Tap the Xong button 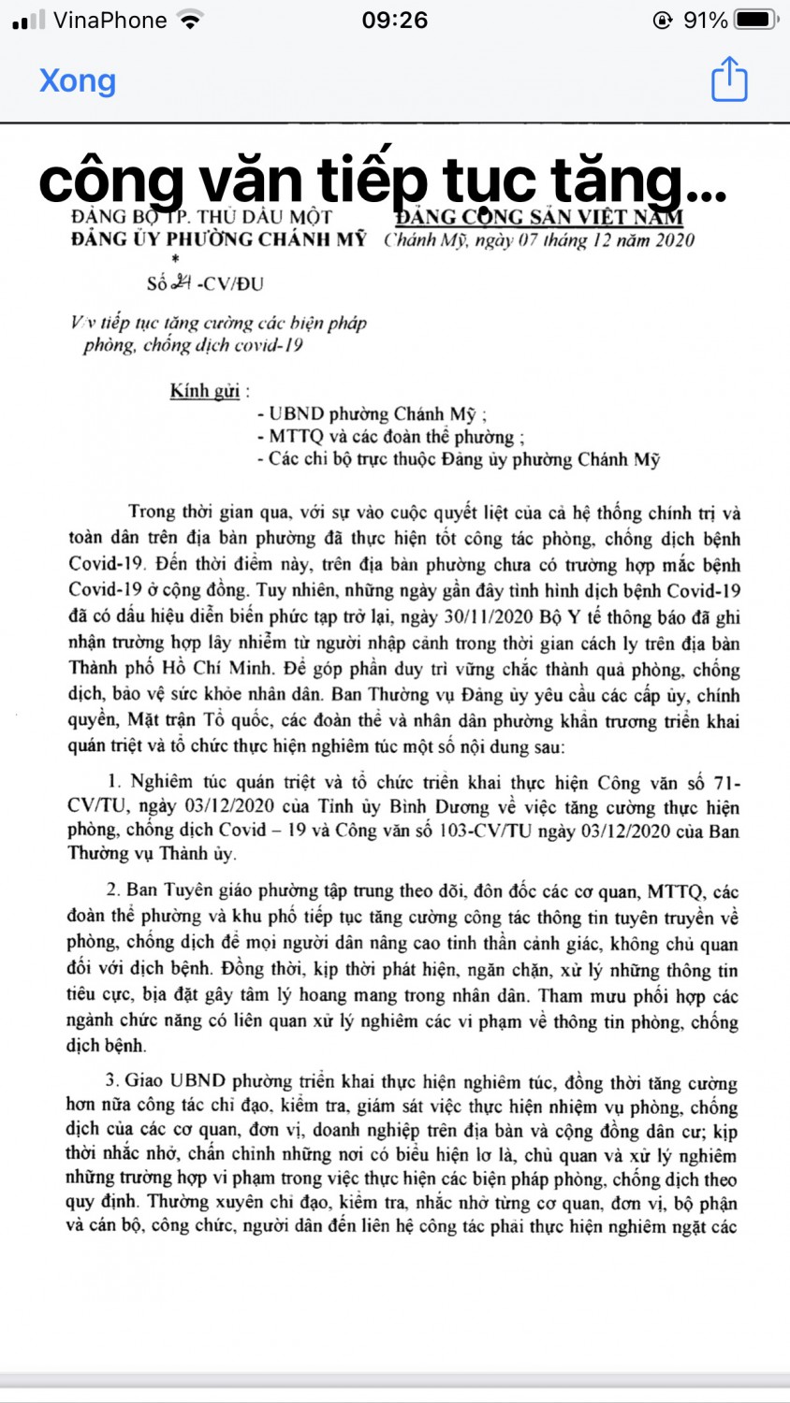[78, 80]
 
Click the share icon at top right [729, 79]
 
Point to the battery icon [755, 20]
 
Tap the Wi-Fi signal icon [191, 20]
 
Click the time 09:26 [394, 20]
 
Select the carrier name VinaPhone [110, 20]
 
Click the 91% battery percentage [705, 20]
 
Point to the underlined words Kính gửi [204, 391]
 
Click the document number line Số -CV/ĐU [205, 283]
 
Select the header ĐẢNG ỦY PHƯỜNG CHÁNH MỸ [218, 239]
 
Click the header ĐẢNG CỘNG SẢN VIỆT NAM [538, 217]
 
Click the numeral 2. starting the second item [113, 890]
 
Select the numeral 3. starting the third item [113, 1080]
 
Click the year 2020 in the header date [673, 240]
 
